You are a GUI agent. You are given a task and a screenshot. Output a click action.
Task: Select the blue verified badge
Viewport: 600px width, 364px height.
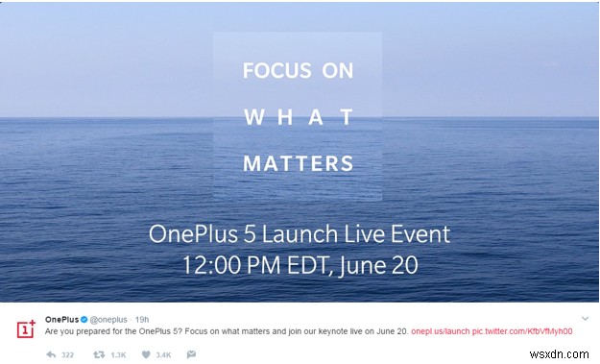[84, 319]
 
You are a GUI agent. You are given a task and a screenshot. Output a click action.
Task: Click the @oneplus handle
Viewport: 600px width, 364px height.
[109, 319]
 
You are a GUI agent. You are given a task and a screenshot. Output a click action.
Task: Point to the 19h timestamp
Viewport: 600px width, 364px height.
[141, 319]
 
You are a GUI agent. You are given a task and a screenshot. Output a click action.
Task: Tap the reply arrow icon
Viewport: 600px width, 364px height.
[52, 354]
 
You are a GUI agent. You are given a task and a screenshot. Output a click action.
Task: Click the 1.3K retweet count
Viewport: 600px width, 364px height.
[119, 354]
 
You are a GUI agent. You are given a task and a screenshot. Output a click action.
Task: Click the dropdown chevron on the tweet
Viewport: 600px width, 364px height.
[584, 318]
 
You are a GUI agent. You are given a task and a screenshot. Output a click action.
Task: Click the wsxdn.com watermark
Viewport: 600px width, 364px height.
[567, 355]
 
